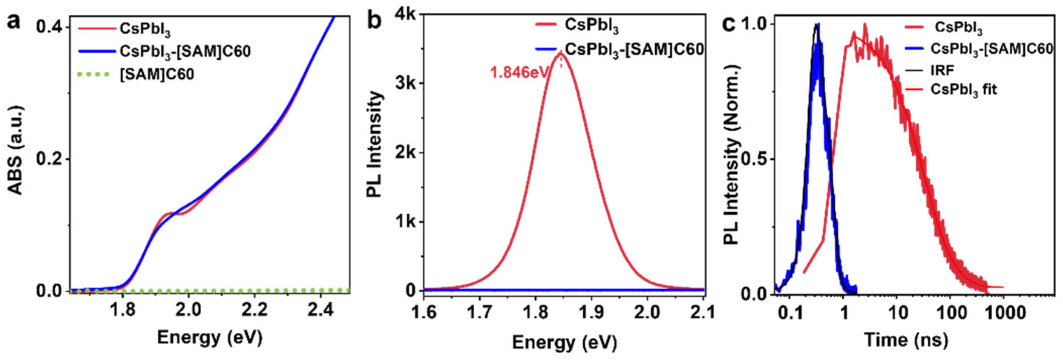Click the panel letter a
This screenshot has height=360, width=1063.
pyautogui.click(x=14, y=21)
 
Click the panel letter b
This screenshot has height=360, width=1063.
pyautogui.click(x=374, y=21)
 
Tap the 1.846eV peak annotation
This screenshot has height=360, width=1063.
pyautogui.click(x=519, y=72)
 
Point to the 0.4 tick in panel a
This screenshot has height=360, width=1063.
pyautogui.click(x=50, y=27)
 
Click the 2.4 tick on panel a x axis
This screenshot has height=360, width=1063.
pyautogui.click(x=320, y=310)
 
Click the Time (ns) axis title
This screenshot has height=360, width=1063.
pyautogui.click(x=906, y=339)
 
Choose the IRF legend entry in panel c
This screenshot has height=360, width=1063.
pyautogui.click(x=942, y=70)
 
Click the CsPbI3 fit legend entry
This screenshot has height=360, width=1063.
pyautogui.click(x=963, y=90)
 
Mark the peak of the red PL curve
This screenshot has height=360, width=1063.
pyautogui.click(x=561, y=53)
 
